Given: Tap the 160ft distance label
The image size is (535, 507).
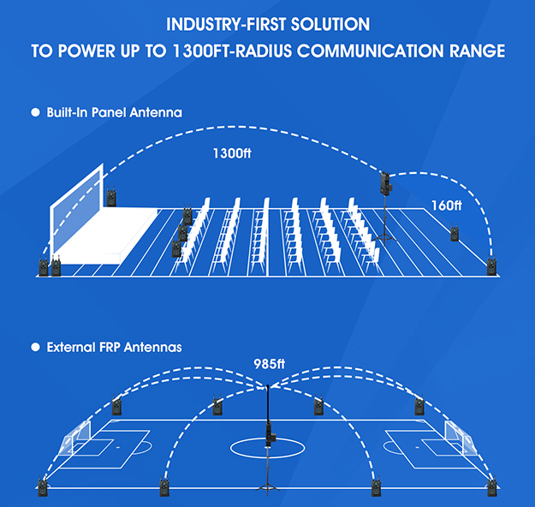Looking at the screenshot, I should click(x=446, y=206).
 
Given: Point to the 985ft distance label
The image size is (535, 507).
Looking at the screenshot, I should click(x=267, y=363).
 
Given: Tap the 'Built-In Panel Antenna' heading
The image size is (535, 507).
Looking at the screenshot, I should click(x=114, y=112).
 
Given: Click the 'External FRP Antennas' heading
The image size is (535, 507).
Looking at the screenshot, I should click(x=114, y=347).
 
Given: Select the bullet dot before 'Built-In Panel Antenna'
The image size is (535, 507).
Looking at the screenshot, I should click(x=36, y=112).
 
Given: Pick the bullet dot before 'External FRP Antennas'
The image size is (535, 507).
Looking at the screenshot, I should click(x=36, y=347).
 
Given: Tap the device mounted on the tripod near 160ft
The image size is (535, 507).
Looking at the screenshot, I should click(x=386, y=182).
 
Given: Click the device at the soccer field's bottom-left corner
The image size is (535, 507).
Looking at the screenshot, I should click(x=41, y=490).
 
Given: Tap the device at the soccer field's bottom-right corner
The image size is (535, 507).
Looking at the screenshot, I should click(x=491, y=490).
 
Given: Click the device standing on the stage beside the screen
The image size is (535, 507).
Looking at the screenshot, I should click(x=112, y=198).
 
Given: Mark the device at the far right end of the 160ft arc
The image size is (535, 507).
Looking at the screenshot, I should click(x=491, y=266).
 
